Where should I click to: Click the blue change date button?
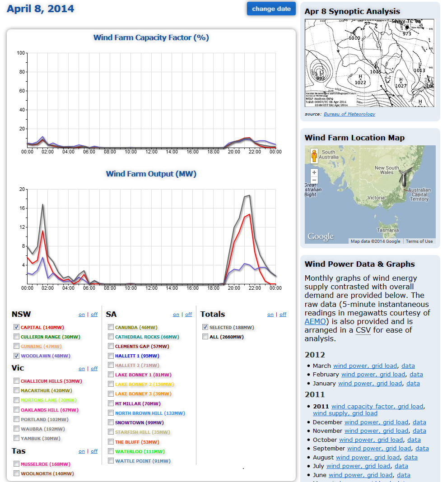tap(271, 9)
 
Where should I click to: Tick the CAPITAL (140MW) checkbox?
tap(17, 327)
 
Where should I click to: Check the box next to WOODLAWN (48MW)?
tap(17, 356)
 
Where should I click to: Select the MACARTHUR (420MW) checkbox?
tap(17, 390)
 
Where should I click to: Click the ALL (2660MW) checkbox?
tap(205, 337)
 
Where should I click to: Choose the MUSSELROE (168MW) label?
tap(45, 464)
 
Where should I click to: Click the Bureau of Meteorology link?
tap(349, 114)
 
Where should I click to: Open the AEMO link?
tap(314, 321)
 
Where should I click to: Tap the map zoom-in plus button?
tap(314, 172)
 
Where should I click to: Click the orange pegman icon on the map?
tap(314, 156)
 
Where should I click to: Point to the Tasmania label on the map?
tap(388, 230)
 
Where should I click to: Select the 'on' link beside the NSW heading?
tap(82, 315)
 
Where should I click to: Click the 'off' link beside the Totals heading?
tap(283, 315)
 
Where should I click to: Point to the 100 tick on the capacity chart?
tap(21, 53)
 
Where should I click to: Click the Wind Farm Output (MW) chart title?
tap(151, 174)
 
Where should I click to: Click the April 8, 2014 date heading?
tap(40, 9)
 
